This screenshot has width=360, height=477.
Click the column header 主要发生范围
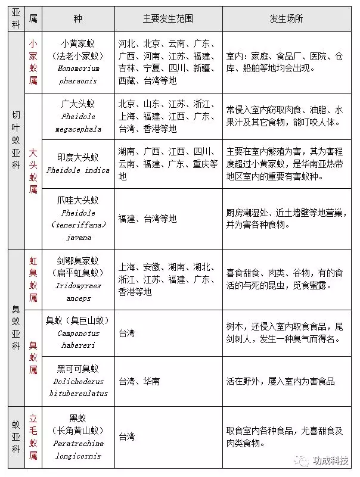coord(167,18)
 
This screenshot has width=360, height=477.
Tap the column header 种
coord(77,18)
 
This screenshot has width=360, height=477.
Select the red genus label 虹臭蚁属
coord(33,279)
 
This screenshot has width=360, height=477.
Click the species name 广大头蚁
coord(78,104)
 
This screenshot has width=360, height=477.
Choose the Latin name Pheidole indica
coord(78,170)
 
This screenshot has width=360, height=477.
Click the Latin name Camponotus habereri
coord(78,339)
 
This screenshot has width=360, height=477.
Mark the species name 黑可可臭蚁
coord(78,369)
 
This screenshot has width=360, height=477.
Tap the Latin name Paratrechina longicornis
coord(78,450)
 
